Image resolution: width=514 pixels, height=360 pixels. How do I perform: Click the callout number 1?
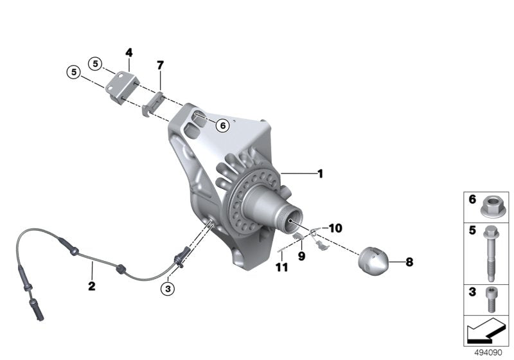coord(320,173)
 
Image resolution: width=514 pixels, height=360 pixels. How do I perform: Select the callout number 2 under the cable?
coord(92,286)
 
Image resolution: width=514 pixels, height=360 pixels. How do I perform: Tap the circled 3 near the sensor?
coord(168,289)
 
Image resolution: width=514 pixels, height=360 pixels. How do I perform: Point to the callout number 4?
coord(129,51)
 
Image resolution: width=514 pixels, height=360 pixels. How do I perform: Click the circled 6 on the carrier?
coord(222,125)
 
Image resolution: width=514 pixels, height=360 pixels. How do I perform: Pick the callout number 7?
coord(160,65)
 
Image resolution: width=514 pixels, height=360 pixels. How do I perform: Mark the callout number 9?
coord(300,256)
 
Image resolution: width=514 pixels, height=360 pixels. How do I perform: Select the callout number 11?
coord(280,266)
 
